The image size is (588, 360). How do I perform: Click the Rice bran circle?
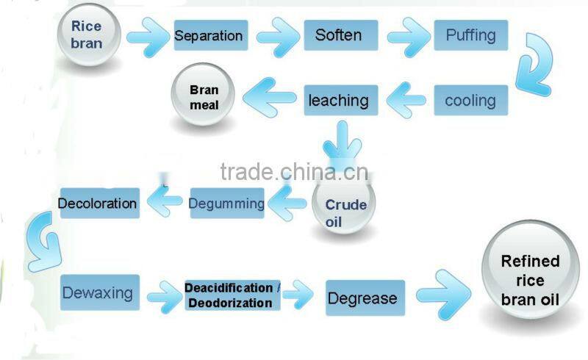pos(87,35)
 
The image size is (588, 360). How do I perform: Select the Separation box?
pos(209,35)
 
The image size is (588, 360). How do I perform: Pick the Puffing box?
pos(470,35)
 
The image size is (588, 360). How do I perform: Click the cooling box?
pos(470,100)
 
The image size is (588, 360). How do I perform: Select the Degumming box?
pos(226,204)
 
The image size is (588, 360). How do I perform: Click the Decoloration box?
pos(98,203)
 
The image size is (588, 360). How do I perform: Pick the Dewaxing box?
pos(98,294)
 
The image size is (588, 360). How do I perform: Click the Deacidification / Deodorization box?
pos(232,295)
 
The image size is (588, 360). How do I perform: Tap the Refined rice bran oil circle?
pos(530,280)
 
